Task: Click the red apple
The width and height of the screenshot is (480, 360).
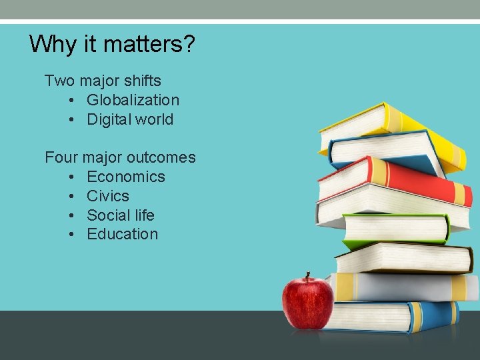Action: [307, 303]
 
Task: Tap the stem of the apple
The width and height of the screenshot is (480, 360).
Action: [308, 277]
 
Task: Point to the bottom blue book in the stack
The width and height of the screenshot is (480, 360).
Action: [400, 316]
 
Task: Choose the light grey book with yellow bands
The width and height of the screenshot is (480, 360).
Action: [407, 287]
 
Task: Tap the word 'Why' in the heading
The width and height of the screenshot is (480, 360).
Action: [53, 44]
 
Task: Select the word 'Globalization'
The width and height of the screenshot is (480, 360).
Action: [133, 100]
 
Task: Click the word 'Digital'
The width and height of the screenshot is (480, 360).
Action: [109, 119]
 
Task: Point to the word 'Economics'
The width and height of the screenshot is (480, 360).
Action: [125, 177]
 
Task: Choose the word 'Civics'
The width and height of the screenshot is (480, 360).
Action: [108, 196]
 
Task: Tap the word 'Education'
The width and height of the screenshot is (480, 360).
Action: [122, 234]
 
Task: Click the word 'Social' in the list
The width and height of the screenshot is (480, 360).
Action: [108, 215]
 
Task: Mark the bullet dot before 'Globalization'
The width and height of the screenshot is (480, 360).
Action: [71, 101]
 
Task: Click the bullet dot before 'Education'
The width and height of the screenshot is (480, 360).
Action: [71, 235]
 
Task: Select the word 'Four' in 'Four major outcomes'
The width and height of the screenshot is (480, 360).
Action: [61, 157]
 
